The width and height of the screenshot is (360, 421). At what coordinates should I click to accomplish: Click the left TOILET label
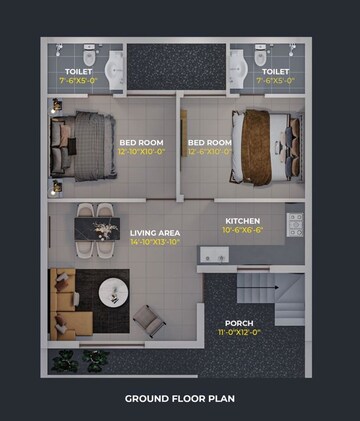click(78, 72)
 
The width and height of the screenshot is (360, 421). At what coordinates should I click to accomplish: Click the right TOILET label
click(275, 72)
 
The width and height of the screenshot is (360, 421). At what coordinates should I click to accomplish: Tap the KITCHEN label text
click(243, 220)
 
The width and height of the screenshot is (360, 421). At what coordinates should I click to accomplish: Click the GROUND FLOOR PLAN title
click(179, 398)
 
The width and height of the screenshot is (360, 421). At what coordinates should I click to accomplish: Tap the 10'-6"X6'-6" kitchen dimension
click(243, 229)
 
